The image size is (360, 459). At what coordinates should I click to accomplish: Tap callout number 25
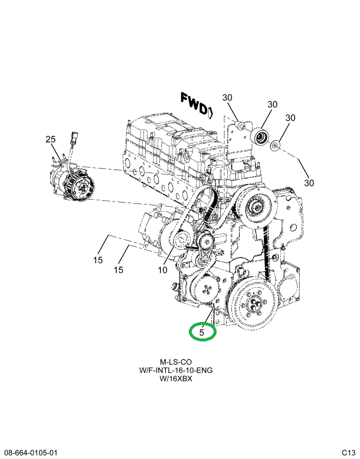point(50,139)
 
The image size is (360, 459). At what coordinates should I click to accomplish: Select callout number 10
point(162,271)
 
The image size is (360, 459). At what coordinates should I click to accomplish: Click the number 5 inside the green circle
point(202,333)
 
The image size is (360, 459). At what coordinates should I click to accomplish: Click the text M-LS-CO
point(176,362)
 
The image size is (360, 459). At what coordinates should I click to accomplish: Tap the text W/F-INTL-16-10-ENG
point(176,370)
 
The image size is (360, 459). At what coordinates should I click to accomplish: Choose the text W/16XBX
point(176,379)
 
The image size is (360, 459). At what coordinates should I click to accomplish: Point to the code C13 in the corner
point(348,453)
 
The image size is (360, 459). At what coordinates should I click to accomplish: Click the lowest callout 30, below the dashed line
point(309,183)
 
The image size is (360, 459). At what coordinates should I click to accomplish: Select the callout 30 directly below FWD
point(228,98)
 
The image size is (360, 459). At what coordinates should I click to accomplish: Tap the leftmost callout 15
point(97,260)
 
